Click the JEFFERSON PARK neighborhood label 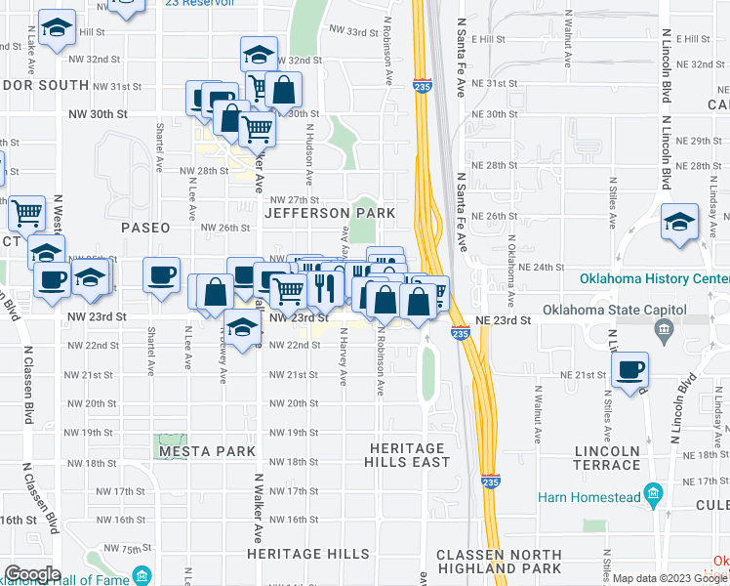click(x=330, y=212)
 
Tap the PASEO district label click(x=145, y=227)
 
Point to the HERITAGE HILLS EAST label click(x=408, y=454)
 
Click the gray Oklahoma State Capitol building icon click(x=664, y=332)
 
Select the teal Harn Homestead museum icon click(x=656, y=497)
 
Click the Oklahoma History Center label click(x=654, y=278)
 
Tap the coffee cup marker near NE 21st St click(x=630, y=370)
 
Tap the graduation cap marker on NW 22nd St click(x=241, y=326)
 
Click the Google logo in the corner click(x=31, y=574)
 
